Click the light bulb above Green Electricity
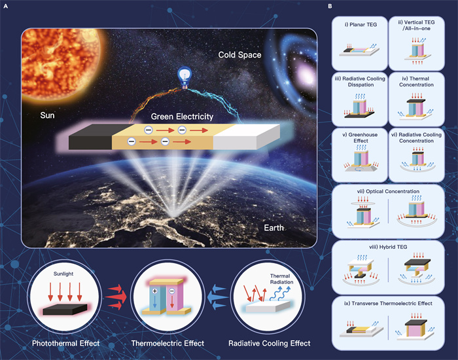pyautogui.click(x=185, y=77)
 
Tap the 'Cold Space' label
pyautogui.click(x=240, y=55)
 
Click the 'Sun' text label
pyautogui.click(x=47, y=115)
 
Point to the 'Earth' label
pyautogui.click(x=273, y=228)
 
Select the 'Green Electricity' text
pyautogui.click(x=182, y=117)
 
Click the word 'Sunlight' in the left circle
pyautogui.click(x=63, y=274)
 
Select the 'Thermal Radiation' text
pyautogui.click(x=281, y=279)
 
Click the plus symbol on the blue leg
pyautogui.click(x=155, y=291)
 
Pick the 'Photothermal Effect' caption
pyautogui.click(x=65, y=343)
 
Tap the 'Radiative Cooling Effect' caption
pyautogui.click(x=270, y=343)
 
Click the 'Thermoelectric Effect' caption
pyautogui.click(x=167, y=343)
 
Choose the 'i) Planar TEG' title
pyautogui.click(x=361, y=25)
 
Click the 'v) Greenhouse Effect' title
pyautogui.click(x=360, y=137)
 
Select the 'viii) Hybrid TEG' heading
pyautogui.click(x=388, y=247)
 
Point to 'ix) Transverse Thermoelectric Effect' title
pyautogui.click(x=388, y=303)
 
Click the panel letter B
pyautogui.click(x=330, y=6)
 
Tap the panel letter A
pyautogui.click(x=5, y=6)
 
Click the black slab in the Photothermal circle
pyautogui.click(x=65, y=310)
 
